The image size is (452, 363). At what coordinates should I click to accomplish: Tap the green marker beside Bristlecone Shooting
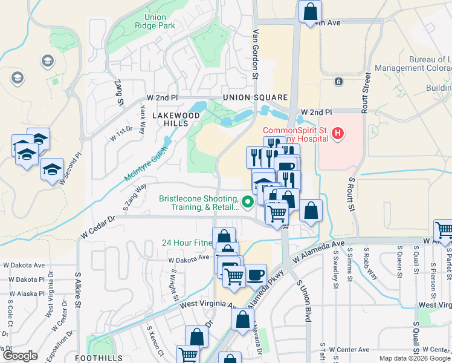click(247, 202)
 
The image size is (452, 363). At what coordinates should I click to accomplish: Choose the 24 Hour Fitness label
click(186, 243)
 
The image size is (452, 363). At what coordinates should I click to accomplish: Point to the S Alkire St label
click(78, 290)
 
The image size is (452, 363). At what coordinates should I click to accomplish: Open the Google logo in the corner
click(21, 355)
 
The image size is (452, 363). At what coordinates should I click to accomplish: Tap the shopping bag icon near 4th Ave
click(310, 10)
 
